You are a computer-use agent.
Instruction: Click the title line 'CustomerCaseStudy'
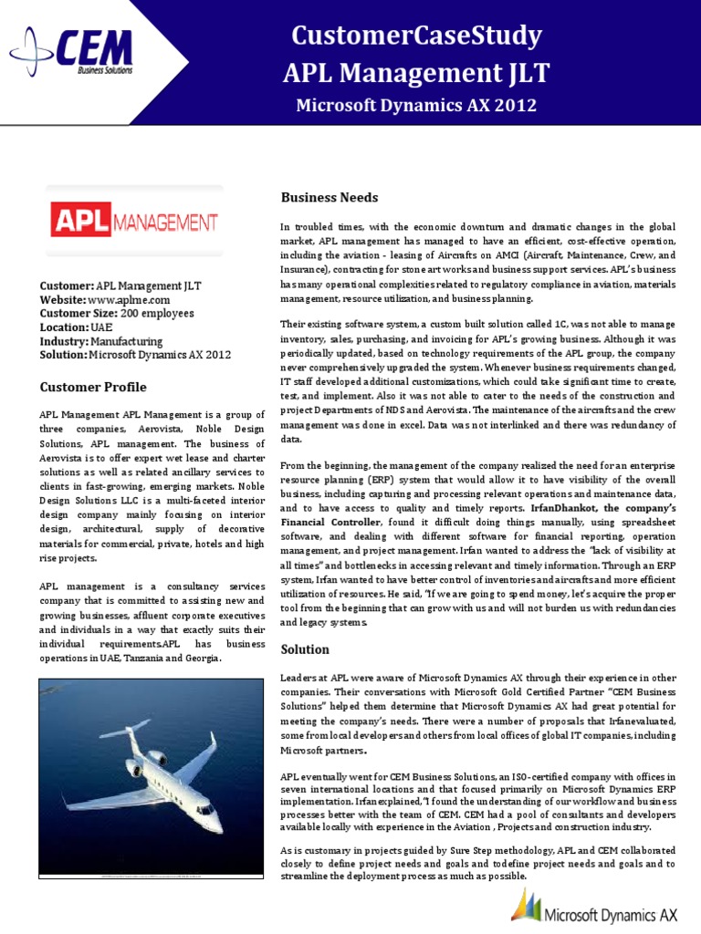pyautogui.click(x=416, y=36)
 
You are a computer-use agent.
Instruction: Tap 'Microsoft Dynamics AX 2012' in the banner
pyautogui.click(x=416, y=106)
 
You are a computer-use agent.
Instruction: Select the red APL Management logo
pyautogui.click(x=133, y=221)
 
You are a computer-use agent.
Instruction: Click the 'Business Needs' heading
pyautogui.click(x=329, y=197)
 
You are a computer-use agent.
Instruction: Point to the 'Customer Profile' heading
pyautogui.click(x=92, y=387)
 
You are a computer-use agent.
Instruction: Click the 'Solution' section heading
pyautogui.click(x=305, y=649)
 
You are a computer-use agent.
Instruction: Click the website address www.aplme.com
pyautogui.click(x=129, y=300)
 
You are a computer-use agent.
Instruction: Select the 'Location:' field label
pyautogui.click(x=64, y=327)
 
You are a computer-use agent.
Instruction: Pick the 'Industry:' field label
pyautogui.click(x=64, y=341)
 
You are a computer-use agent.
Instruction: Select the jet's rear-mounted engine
pyautogui.click(x=155, y=756)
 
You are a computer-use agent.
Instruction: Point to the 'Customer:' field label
pyautogui.click(x=67, y=286)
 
